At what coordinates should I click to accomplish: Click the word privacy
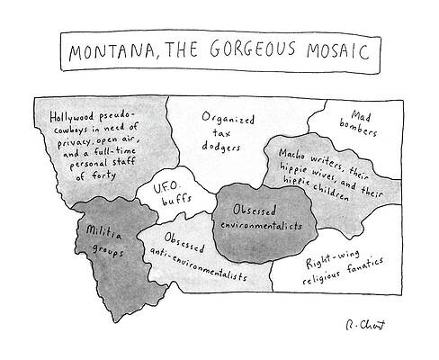click(72, 141)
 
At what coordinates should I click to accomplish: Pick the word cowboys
click(71, 130)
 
